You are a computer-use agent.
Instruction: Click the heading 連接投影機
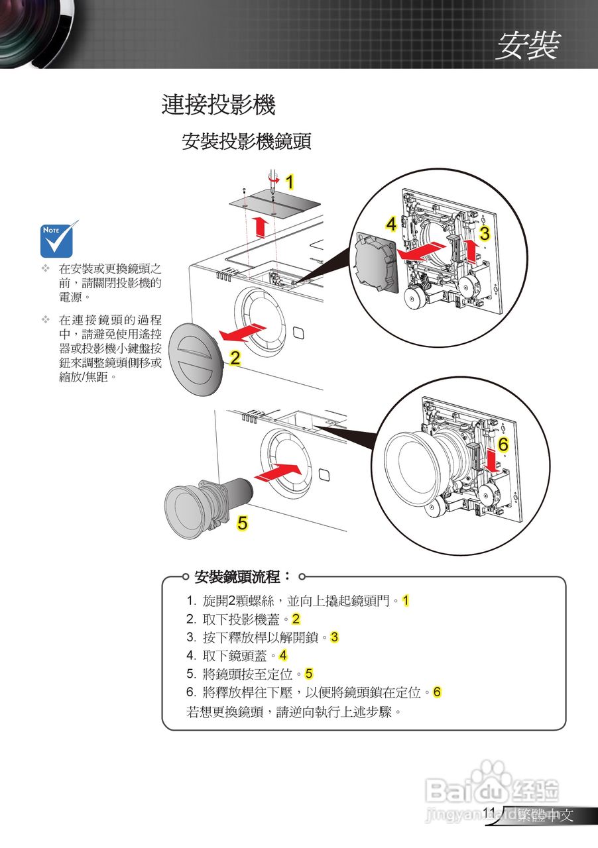tap(218, 105)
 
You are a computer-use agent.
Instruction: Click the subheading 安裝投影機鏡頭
tap(247, 141)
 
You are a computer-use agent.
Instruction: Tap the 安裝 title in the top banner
tap(528, 46)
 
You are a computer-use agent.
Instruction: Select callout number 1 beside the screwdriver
tap(289, 181)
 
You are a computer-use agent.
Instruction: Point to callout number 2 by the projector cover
tap(235, 358)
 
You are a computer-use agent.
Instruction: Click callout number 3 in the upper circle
tap(485, 233)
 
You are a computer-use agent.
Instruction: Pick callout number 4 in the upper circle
tap(391, 225)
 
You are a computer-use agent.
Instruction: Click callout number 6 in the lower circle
tap(503, 445)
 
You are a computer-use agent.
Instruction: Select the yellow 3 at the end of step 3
tap(334, 637)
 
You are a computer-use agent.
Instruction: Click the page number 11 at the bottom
tap(489, 812)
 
